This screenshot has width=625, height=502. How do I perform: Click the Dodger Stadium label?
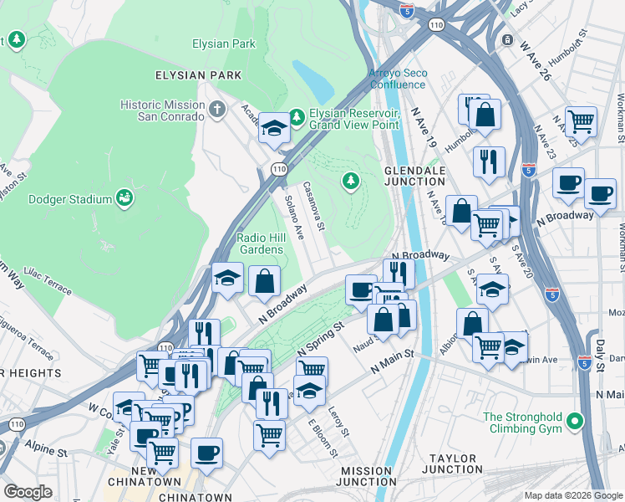point(70,199)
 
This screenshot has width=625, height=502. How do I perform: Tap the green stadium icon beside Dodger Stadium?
point(124,198)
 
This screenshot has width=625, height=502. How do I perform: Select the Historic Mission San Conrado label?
point(162,110)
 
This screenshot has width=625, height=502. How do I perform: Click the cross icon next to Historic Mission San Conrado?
point(217,110)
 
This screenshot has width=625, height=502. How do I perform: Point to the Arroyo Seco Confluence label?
point(398,79)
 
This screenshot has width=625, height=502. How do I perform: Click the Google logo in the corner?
point(28,492)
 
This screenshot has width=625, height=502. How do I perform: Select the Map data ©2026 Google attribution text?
point(572,495)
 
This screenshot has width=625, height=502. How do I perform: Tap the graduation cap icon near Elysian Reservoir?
point(273,128)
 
